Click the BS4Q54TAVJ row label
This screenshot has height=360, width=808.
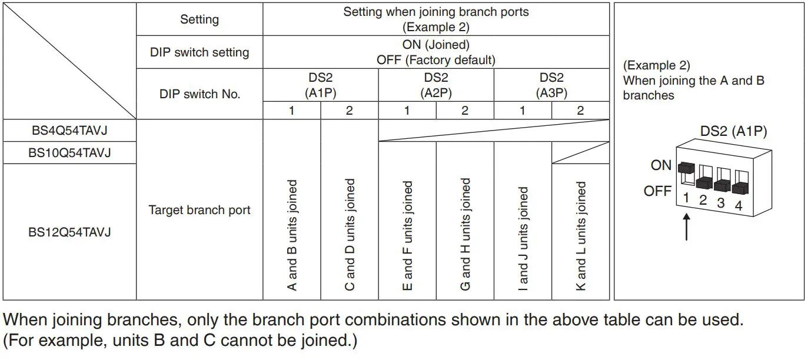pyautogui.click(x=69, y=131)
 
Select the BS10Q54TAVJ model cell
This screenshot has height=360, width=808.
pyautogui.click(x=69, y=153)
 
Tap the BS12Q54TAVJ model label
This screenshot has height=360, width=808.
pyautogui.click(x=69, y=232)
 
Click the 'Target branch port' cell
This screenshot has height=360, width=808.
pyautogui.click(x=199, y=210)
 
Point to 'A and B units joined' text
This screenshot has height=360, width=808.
pyautogui.click(x=292, y=235)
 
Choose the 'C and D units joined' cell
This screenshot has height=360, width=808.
pyautogui.click(x=350, y=235)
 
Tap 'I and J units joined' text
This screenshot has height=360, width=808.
pyautogui.click(x=523, y=238)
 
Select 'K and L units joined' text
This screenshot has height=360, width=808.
pyautogui.click(x=581, y=235)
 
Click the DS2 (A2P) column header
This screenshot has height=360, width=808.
pyautogui.click(x=435, y=85)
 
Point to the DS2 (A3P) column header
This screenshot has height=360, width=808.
pyautogui.click(x=551, y=85)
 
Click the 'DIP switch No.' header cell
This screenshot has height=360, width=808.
pyautogui.click(x=199, y=94)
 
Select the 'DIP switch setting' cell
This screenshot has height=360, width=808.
pyautogui.click(x=199, y=52)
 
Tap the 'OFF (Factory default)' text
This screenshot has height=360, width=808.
pyautogui.click(x=435, y=60)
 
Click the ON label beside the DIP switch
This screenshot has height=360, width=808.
pyautogui.click(x=661, y=165)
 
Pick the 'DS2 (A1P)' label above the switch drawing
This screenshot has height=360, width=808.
pyautogui.click(x=733, y=131)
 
